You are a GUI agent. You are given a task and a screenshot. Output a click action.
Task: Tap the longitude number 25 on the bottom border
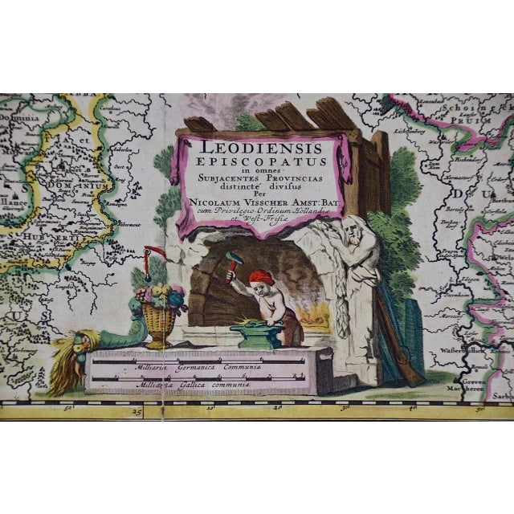(x=137, y=413)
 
